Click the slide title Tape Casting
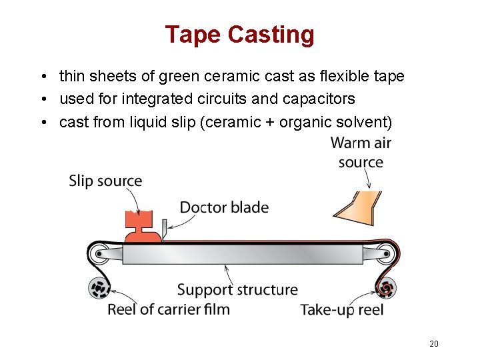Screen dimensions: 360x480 point(239,35)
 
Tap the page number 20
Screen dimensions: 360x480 point(433,344)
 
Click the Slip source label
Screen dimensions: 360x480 point(105,181)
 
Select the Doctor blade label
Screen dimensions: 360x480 point(224,207)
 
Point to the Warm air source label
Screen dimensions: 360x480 point(361,153)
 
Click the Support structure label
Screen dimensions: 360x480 point(237,290)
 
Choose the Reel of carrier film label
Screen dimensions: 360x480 point(169,309)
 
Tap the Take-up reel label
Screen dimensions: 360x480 point(342,309)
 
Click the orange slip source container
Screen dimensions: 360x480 point(142,225)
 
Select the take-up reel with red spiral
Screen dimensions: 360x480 point(385,289)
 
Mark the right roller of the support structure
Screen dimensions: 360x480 point(384,254)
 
